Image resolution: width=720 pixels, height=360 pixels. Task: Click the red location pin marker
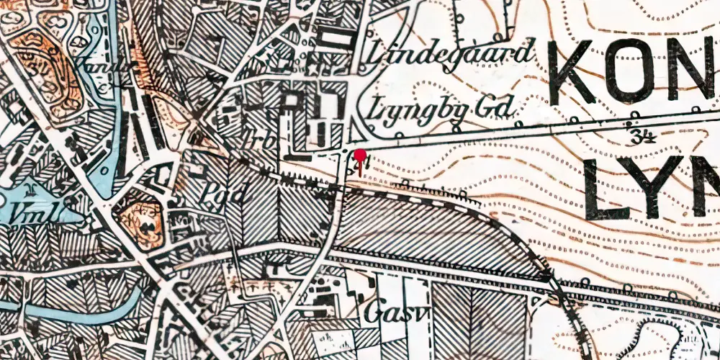(359, 156)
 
